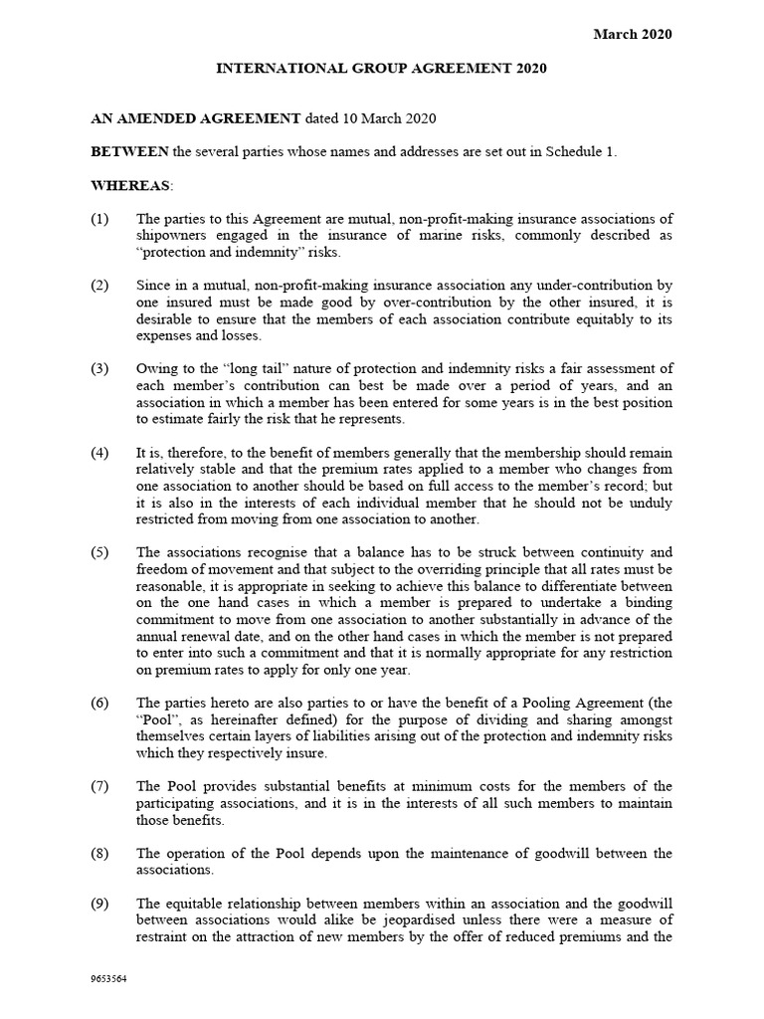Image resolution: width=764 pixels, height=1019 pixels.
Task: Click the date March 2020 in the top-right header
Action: click(633, 34)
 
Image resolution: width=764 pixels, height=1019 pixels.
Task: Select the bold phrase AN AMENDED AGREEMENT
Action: click(196, 117)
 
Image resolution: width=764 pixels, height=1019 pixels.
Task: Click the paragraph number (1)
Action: click(102, 219)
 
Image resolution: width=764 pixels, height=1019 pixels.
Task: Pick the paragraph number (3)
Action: click(102, 370)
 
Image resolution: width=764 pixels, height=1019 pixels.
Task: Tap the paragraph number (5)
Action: click(102, 552)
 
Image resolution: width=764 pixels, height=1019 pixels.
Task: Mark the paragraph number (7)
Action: click(102, 787)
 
